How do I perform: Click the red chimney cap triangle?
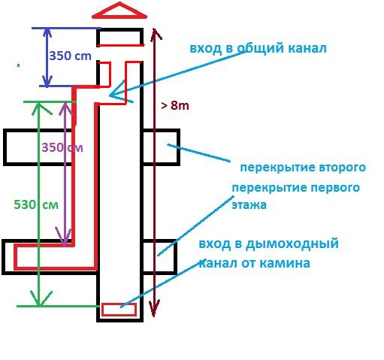(x=119, y=16)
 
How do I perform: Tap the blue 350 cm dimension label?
(x=70, y=56)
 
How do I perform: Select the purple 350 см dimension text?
(x=62, y=147)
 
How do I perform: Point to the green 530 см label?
(x=36, y=204)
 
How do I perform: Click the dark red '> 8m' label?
(x=175, y=105)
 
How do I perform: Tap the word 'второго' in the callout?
(x=343, y=167)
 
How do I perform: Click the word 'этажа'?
(x=249, y=205)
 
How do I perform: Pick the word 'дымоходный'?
(x=292, y=244)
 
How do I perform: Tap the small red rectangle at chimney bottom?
(x=119, y=310)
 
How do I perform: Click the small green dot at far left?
(x=18, y=65)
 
